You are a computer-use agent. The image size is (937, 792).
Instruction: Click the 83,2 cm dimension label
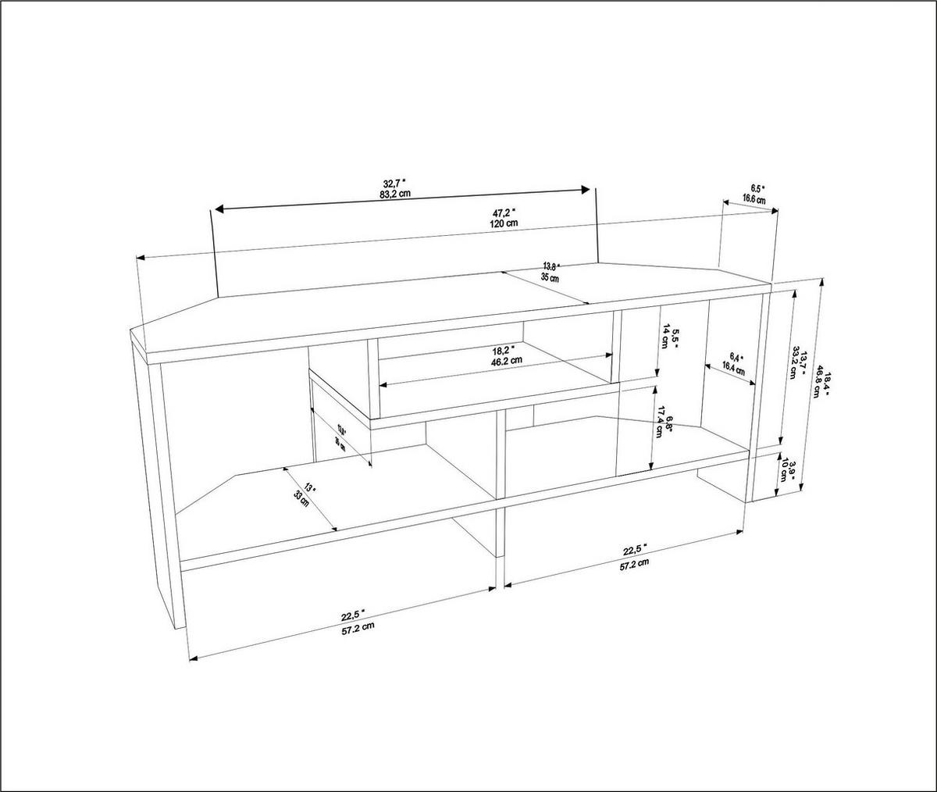395,194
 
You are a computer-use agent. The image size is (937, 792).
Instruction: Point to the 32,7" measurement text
395,184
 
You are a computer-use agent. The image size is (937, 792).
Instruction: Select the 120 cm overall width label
504,223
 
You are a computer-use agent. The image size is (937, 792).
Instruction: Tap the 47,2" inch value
504,212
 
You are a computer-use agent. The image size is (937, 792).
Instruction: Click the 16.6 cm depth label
754,200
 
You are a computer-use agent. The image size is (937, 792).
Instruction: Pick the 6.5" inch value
757,189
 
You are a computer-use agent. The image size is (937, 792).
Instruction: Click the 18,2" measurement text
504,351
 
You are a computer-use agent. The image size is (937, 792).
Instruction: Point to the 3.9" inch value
792,472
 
